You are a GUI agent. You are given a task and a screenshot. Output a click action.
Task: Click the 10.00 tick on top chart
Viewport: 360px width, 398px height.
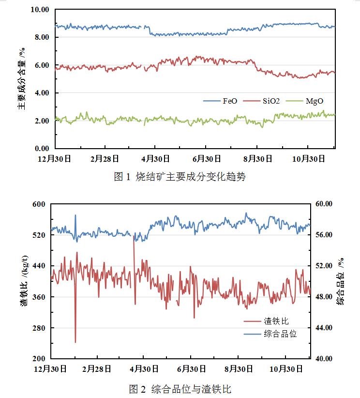(x=40, y=10)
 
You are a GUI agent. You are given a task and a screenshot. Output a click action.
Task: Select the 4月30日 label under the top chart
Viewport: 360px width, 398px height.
(x=154, y=158)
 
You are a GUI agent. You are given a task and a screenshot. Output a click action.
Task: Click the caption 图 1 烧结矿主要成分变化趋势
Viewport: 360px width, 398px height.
(x=180, y=177)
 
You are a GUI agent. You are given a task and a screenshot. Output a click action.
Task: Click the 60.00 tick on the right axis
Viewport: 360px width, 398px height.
(x=324, y=204)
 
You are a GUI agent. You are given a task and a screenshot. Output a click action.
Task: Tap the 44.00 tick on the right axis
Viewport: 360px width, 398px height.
(x=324, y=328)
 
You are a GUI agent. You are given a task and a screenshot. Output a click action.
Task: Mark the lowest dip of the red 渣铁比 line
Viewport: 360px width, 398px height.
(x=75, y=342)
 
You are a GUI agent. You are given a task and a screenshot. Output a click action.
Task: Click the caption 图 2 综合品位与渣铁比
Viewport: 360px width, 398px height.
(x=180, y=389)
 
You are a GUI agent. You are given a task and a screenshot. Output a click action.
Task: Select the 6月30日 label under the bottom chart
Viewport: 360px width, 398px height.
(x=191, y=369)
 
